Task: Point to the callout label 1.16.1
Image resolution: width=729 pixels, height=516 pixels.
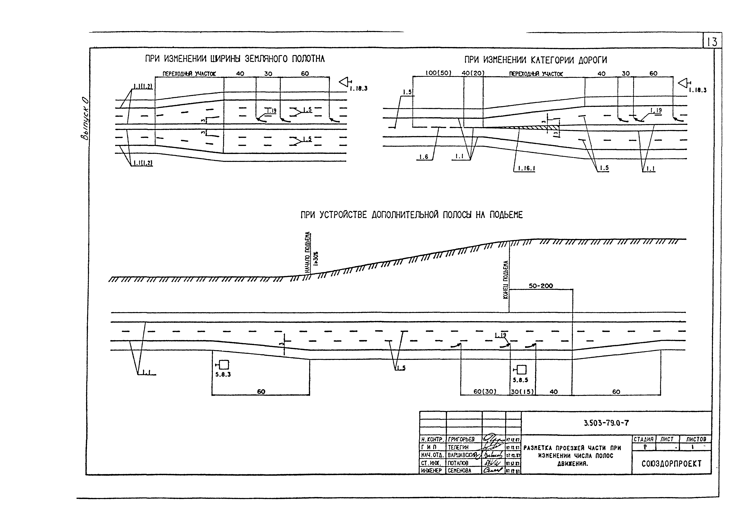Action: coord(526,168)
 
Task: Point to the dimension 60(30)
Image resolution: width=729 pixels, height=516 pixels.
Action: coord(485,392)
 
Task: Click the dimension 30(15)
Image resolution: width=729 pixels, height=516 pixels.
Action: coord(522,392)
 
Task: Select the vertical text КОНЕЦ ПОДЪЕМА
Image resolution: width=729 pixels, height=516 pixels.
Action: coord(506,280)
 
